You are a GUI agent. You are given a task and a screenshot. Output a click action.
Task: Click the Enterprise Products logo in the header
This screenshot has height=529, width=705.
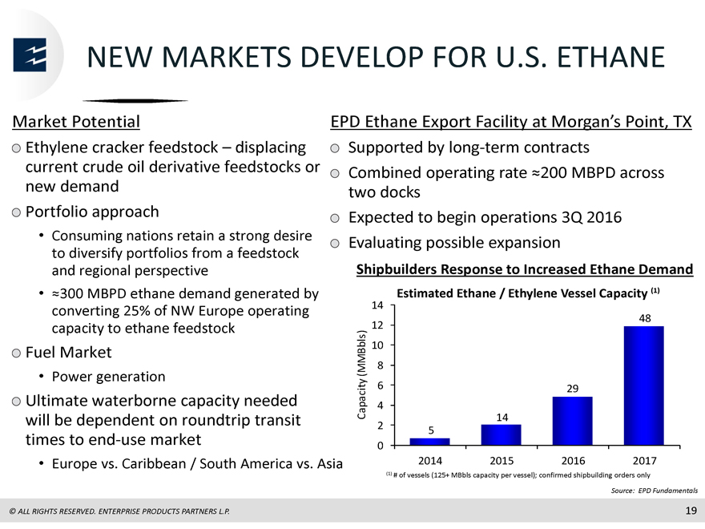click(30, 55)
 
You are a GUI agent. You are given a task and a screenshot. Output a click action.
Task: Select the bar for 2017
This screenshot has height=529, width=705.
click(644, 386)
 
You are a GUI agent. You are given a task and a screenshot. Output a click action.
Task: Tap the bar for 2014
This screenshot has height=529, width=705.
click(430, 442)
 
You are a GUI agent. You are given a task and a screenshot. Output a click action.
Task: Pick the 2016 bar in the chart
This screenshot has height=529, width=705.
click(572, 421)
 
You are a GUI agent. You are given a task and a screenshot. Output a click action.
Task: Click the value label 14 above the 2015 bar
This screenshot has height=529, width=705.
click(502, 418)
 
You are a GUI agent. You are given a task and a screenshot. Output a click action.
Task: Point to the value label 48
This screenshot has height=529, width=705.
click(645, 318)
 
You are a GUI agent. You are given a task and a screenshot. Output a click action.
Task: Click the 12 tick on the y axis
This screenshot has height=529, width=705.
click(377, 325)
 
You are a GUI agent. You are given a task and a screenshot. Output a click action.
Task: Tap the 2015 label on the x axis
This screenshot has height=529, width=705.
click(502, 461)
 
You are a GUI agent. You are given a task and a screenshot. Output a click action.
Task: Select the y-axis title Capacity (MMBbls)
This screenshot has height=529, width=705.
click(361, 375)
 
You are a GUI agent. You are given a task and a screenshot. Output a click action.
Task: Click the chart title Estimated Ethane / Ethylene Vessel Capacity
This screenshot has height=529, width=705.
click(522, 293)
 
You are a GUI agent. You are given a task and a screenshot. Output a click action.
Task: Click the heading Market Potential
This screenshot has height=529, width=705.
click(76, 122)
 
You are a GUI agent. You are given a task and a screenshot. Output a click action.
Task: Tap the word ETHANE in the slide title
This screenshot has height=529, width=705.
click(610, 57)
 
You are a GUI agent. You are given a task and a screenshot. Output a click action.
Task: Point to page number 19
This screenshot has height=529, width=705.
click(691, 511)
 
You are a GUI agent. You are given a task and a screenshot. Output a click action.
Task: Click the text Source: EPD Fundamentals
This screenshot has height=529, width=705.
click(655, 491)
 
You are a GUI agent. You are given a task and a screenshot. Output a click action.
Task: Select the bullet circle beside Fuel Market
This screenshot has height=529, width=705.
click(17, 353)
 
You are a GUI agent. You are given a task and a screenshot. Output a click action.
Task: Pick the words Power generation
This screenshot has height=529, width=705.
click(108, 377)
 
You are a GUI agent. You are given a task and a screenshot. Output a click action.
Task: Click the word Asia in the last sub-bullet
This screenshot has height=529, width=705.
click(329, 463)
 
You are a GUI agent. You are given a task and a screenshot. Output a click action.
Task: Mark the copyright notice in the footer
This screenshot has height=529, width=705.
click(119, 511)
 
